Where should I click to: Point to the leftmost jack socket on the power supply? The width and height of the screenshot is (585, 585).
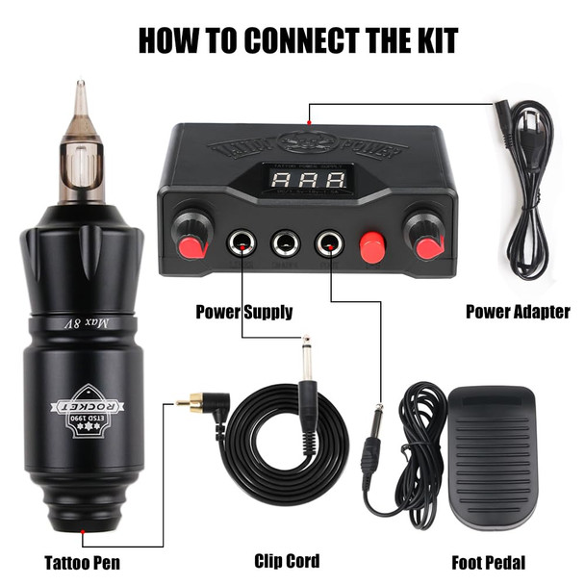[240, 244]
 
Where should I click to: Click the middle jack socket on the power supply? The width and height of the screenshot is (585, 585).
[285, 244]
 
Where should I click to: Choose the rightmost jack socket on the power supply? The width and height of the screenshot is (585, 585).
[330, 244]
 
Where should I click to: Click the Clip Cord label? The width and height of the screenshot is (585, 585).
[287, 561]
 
